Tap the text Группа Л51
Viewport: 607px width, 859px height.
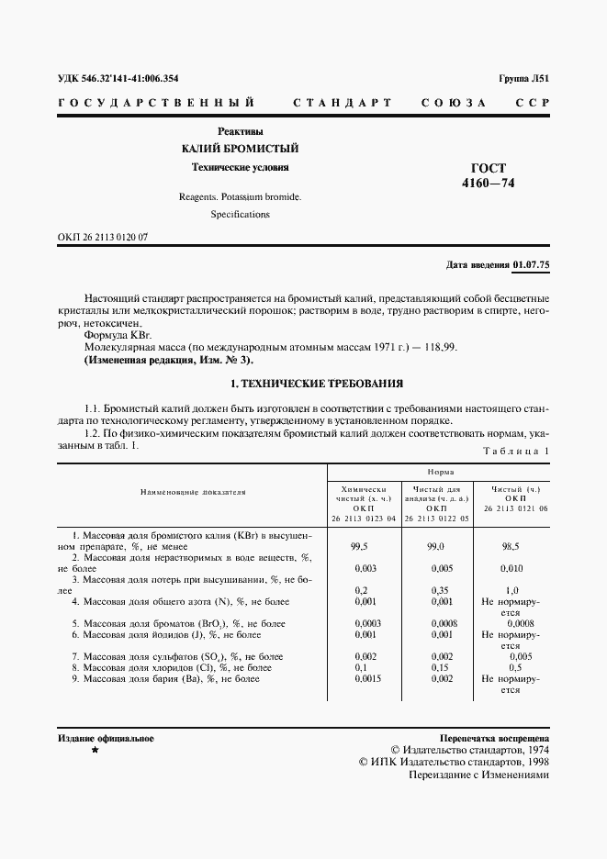tap(523, 79)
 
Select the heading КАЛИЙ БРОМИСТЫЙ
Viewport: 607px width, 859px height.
tap(239, 149)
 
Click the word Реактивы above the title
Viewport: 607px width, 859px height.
tap(240, 131)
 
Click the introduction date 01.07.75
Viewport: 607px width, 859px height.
tap(531, 265)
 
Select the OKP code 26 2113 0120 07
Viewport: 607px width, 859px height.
tap(103, 237)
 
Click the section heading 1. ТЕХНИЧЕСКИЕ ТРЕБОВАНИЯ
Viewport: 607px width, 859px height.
tap(303, 383)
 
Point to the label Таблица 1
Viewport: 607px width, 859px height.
tap(515, 451)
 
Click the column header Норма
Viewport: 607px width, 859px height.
tap(439, 470)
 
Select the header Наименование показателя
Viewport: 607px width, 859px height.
tap(193, 492)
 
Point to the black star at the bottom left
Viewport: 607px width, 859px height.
tap(94, 751)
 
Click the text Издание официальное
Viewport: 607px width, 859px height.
tap(106, 738)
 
